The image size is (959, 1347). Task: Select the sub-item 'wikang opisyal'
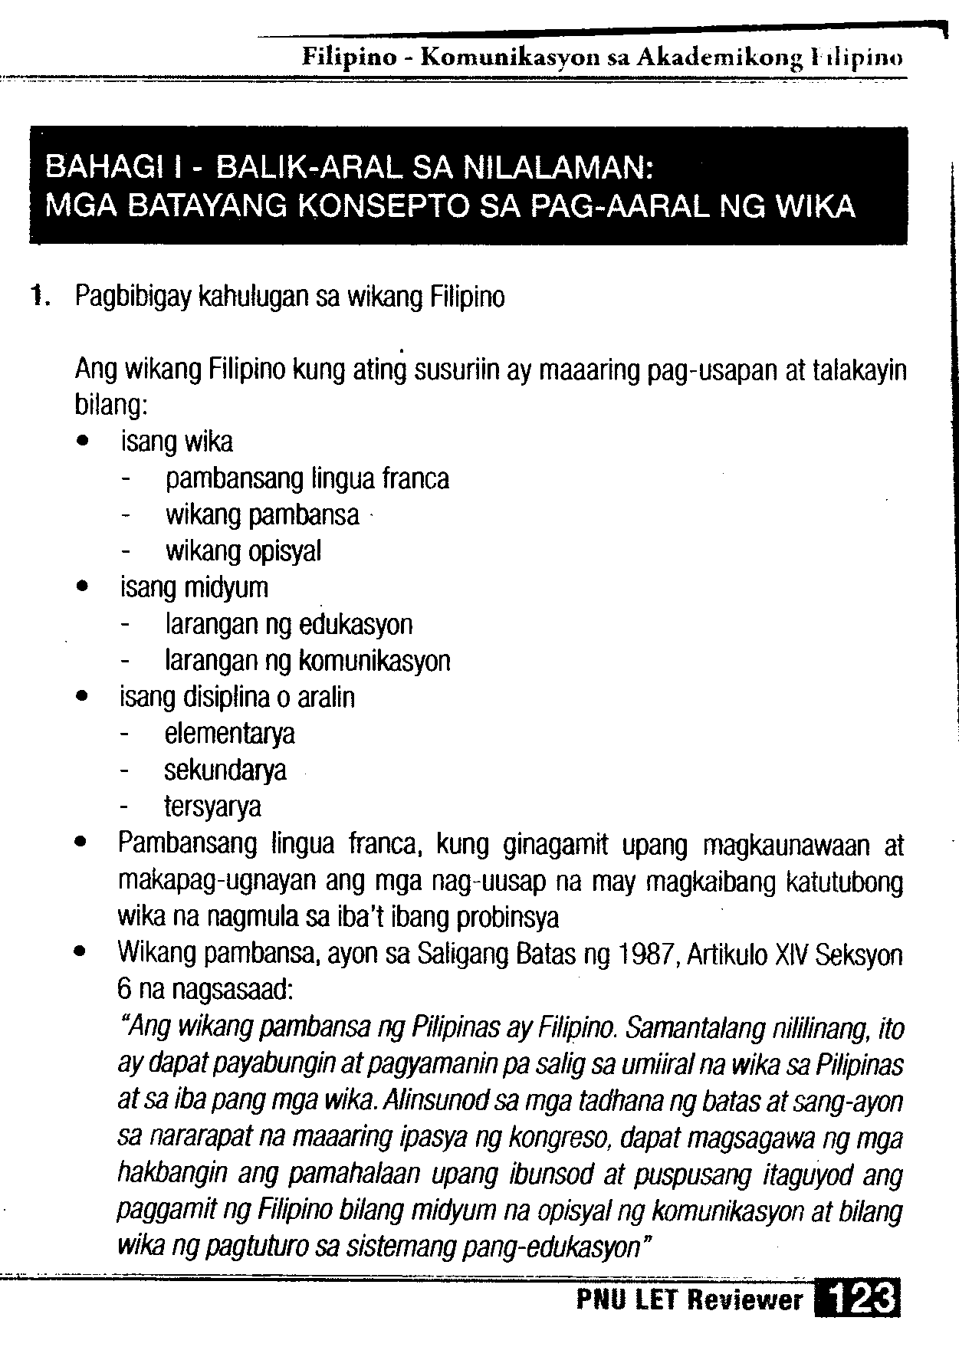click(243, 551)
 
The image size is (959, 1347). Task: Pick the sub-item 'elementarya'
click(229, 734)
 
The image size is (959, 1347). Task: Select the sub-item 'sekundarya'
click(225, 770)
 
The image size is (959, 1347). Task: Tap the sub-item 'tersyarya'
click(213, 807)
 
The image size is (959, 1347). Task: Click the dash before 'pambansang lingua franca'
click(125, 480)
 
